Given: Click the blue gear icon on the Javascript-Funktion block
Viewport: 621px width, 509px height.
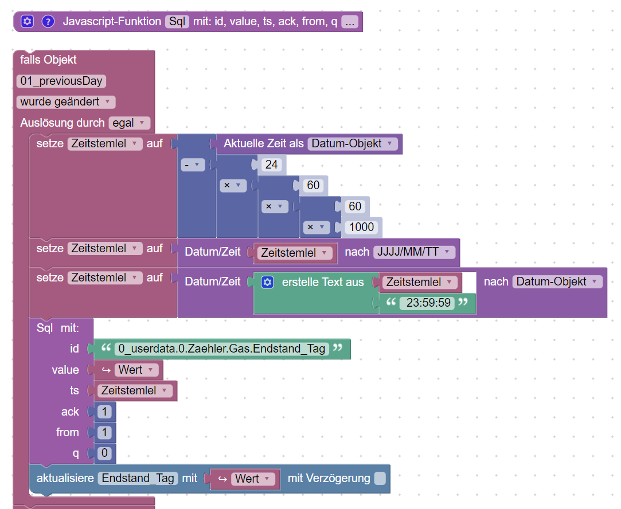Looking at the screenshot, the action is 28,21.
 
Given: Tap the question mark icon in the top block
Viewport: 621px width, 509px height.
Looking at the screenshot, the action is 48,21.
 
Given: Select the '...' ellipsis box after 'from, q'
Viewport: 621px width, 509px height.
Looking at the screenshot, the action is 350,22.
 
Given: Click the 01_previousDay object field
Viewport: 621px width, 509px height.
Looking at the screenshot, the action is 61,81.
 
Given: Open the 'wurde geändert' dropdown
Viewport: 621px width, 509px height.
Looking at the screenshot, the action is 66,101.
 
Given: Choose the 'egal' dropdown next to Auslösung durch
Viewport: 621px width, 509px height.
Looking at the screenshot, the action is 130,123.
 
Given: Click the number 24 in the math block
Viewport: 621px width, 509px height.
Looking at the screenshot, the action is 272,165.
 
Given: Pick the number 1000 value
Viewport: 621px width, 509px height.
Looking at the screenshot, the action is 362,227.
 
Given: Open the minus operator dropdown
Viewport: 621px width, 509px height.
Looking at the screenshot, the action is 193,165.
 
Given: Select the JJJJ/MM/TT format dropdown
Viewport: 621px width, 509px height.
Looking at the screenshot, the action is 414,252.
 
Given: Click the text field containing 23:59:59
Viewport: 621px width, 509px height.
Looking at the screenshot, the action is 428,303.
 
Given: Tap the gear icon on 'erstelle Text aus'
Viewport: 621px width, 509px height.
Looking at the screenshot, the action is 267,282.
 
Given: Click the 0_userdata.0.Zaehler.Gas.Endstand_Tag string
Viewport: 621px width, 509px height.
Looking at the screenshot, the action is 222,349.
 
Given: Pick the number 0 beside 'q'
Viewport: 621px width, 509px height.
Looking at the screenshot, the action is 104,453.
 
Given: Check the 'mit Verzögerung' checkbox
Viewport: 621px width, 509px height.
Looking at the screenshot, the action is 380,479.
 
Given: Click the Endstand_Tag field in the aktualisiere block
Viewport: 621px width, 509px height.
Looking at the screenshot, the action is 138,479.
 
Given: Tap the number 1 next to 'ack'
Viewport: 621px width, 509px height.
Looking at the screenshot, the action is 104,412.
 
